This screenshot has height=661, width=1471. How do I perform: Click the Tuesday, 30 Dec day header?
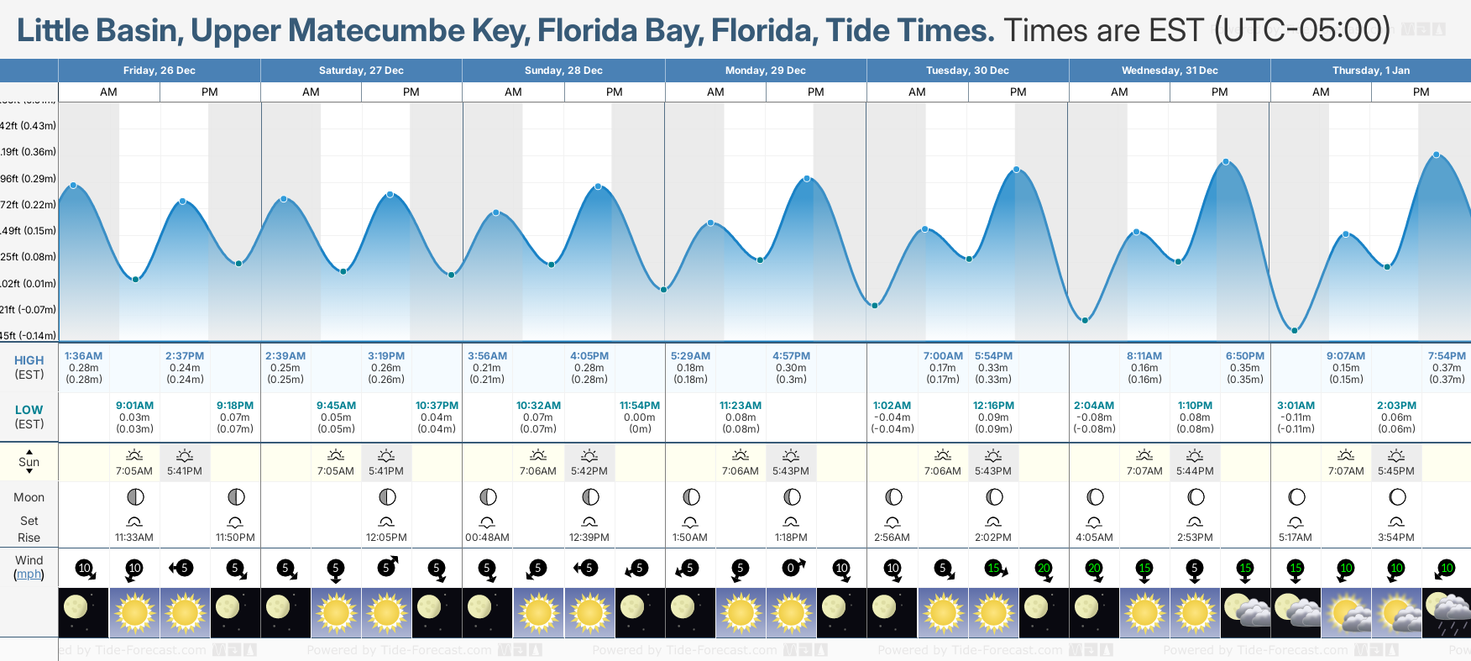(x=967, y=71)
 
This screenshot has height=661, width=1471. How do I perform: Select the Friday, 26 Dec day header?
(x=160, y=71)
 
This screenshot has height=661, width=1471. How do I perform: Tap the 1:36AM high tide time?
(x=83, y=356)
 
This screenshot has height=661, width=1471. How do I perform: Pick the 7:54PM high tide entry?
(x=1447, y=356)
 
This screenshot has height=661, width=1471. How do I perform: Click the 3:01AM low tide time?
(x=1296, y=406)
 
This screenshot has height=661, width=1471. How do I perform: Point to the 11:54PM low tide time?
(x=640, y=406)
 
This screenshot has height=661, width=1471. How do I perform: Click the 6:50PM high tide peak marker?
(x=1226, y=161)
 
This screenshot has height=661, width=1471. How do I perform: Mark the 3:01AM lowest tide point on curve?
(x=1295, y=330)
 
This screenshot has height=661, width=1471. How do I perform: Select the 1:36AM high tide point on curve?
(x=74, y=185)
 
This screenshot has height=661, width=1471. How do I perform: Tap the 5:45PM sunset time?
(x=1396, y=471)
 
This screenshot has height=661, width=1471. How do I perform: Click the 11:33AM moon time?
(x=134, y=538)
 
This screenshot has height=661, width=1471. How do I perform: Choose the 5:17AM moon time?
(x=1296, y=538)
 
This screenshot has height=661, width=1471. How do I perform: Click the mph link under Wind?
(x=29, y=574)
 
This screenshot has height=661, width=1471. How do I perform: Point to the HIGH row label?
(x=29, y=360)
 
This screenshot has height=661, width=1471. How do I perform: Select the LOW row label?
(x=29, y=410)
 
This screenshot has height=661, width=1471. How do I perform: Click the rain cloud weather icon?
(x=1447, y=612)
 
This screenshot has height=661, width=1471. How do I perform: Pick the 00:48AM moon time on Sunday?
(x=488, y=538)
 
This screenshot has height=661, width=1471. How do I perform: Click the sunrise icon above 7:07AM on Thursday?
(x=1346, y=455)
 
